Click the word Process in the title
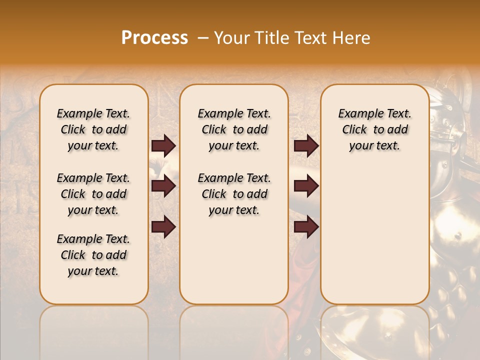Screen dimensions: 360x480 (x=154, y=38)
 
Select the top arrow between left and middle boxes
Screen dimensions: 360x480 (x=163, y=146)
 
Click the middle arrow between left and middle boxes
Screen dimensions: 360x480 (x=163, y=186)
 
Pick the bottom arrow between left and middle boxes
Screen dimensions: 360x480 (x=163, y=227)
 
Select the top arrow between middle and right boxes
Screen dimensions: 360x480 (x=306, y=146)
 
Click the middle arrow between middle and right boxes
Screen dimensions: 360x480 (x=306, y=186)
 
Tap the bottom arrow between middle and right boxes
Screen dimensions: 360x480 (x=306, y=227)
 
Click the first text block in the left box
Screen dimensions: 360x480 (x=93, y=129)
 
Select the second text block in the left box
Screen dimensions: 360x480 (x=93, y=194)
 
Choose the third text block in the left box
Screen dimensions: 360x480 (x=93, y=255)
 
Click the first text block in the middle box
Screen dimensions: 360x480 (x=234, y=129)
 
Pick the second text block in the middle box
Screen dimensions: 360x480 (x=234, y=194)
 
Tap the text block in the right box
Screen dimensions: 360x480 (x=374, y=129)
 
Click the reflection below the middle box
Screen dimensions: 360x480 (x=234, y=330)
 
